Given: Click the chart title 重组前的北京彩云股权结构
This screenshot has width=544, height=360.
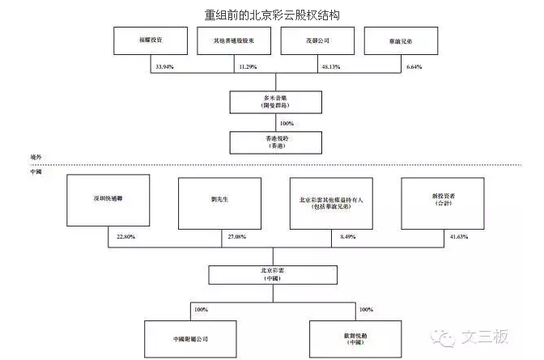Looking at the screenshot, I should click(272, 15).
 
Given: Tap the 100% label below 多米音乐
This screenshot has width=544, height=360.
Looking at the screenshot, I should click(286, 123).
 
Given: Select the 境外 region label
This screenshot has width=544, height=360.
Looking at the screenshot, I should click(35, 159).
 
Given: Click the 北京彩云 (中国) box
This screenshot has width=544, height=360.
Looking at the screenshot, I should click(275, 273).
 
